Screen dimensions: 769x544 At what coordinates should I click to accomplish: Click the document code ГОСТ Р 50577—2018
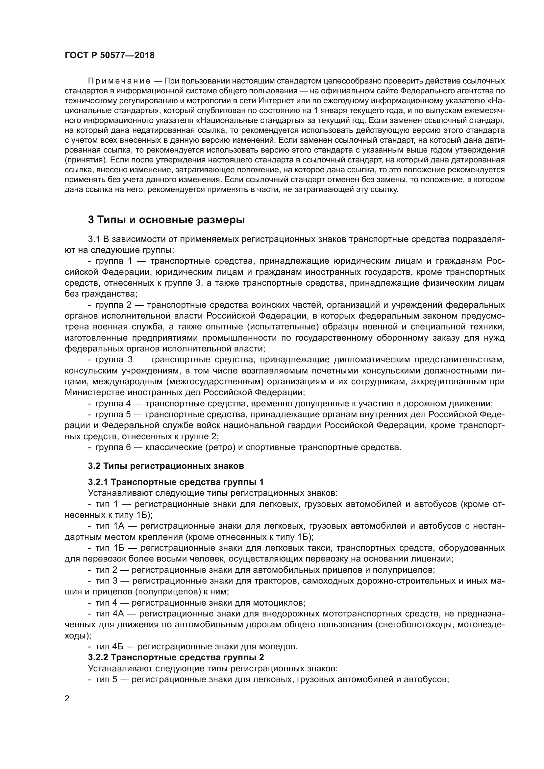point(110,56)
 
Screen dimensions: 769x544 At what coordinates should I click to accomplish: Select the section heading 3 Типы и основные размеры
point(166,220)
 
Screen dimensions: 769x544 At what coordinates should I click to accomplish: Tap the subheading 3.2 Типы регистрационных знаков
point(166,466)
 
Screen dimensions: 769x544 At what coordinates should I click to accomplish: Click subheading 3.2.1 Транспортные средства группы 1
point(176,482)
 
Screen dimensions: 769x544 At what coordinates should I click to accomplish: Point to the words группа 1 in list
point(112,261)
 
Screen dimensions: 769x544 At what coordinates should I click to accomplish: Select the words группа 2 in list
point(112,305)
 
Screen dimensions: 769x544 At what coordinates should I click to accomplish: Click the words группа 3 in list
point(112,360)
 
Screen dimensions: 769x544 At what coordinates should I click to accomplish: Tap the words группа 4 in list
point(112,403)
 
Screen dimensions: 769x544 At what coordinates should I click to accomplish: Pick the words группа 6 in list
point(112,447)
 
